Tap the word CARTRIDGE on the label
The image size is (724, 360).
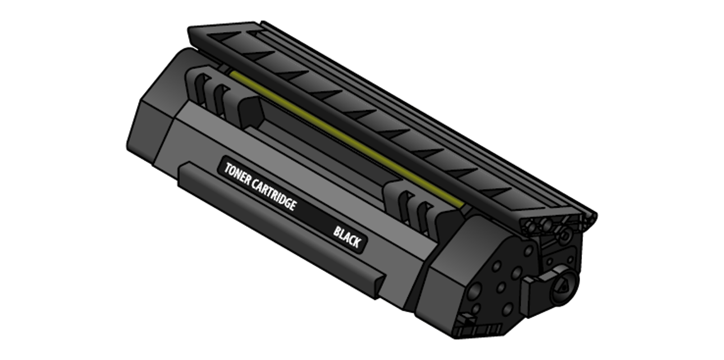[x=273, y=195]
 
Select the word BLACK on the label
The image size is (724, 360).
[x=347, y=238]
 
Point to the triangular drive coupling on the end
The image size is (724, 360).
[x=563, y=288]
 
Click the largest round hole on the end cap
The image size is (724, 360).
[x=474, y=291]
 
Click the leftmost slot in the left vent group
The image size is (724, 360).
[x=202, y=90]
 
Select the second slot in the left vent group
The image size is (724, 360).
[x=221, y=101]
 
